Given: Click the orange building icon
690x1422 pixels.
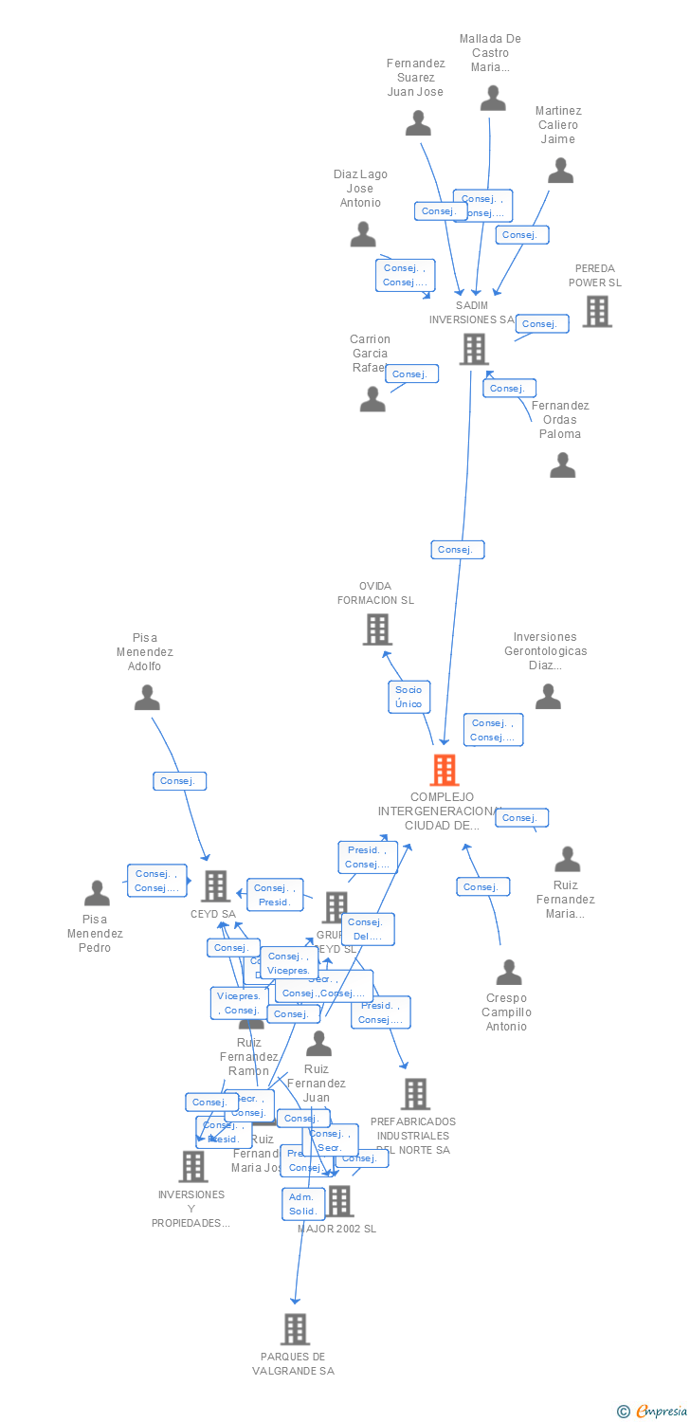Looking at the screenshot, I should tap(445, 770).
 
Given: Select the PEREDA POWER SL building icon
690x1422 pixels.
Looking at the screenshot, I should tap(597, 311).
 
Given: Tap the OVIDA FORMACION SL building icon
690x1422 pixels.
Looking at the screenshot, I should tap(377, 629).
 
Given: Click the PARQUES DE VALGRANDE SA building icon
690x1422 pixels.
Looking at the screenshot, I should tap(296, 1329).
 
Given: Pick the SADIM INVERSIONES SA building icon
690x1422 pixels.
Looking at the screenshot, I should tap(473, 349).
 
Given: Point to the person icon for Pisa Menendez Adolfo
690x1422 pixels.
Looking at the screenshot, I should tap(147, 698).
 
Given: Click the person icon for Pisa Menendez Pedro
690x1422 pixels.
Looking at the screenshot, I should tap(97, 893).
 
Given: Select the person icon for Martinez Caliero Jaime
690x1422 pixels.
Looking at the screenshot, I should tap(561, 171).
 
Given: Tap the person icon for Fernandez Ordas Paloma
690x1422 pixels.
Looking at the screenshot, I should tap(563, 465).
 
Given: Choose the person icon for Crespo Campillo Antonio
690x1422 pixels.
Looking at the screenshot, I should tap(509, 972).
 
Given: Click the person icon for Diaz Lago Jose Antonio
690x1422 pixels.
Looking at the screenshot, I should tap(363, 234).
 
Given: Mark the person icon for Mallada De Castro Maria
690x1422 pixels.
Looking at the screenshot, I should tap(493, 99).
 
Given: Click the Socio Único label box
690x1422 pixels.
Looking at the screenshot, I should tap(409, 697).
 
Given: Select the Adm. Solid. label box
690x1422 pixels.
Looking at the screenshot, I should tap(303, 1204).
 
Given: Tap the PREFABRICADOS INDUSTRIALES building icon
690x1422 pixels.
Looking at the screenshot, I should tap(415, 1094).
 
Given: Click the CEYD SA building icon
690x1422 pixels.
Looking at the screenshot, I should tap(216, 885).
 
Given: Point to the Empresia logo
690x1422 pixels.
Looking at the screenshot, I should tap(652, 1412).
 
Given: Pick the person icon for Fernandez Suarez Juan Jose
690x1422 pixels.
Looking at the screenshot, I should tap(418, 123).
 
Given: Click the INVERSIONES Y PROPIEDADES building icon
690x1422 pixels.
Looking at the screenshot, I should tap(193, 1166).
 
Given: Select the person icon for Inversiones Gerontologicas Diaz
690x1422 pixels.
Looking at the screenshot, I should tap(548, 697).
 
